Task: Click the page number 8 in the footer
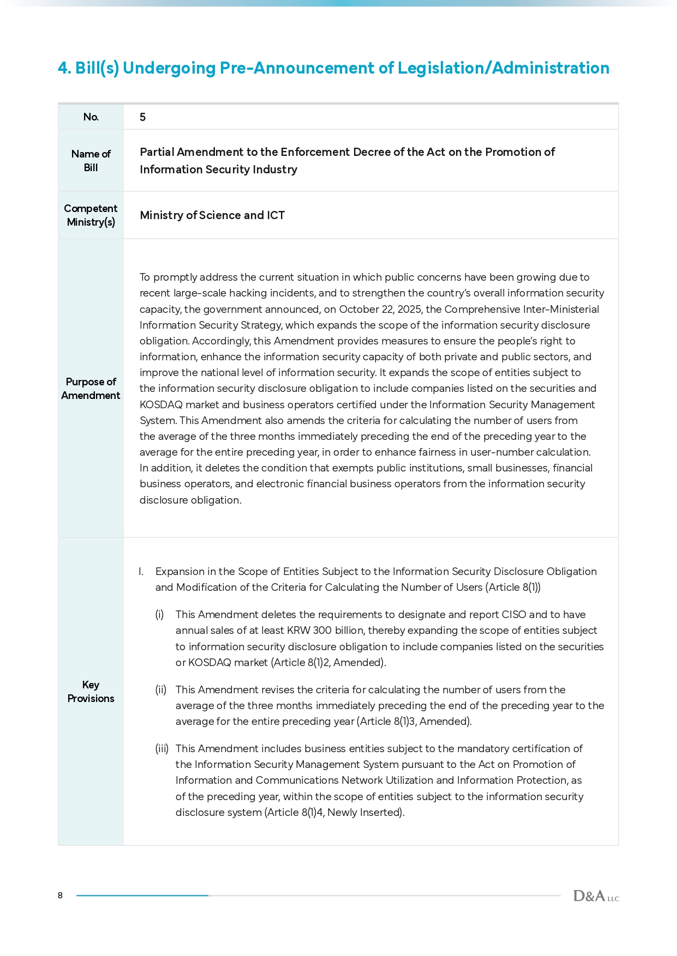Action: [x=60, y=896]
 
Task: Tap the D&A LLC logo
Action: [x=596, y=896]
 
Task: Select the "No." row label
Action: [x=91, y=117]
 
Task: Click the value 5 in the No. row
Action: [x=142, y=117]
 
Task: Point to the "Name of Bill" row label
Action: [x=91, y=161]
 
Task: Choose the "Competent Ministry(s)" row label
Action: [x=91, y=215]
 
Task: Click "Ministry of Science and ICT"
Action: [x=212, y=215]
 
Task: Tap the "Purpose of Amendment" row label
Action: [x=91, y=389]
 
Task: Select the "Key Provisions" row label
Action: [x=91, y=692]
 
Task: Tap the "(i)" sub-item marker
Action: [x=159, y=615]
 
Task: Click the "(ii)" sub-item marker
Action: [x=160, y=690]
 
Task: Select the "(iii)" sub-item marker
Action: [x=161, y=749]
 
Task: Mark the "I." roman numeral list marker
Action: [x=141, y=572]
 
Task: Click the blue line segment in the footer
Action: [x=142, y=896]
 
